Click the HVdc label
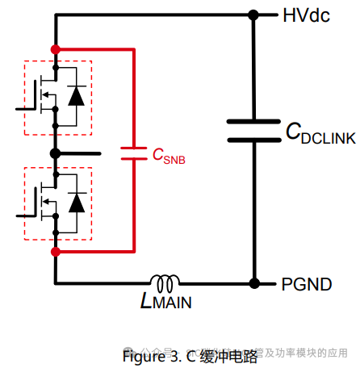(x=305, y=15)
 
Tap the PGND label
(x=308, y=284)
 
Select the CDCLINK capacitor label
(x=320, y=135)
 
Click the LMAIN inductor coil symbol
(x=167, y=283)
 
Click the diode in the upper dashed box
(x=77, y=95)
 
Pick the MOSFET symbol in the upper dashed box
(x=44, y=95)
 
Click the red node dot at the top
(x=55, y=49)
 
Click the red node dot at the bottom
(x=55, y=252)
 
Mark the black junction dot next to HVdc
(x=254, y=15)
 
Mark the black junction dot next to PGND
(x=254, y=283)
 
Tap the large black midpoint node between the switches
(x=55, y=153)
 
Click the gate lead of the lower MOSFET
(x=24, y=213)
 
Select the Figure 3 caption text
(x=190, y=355)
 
